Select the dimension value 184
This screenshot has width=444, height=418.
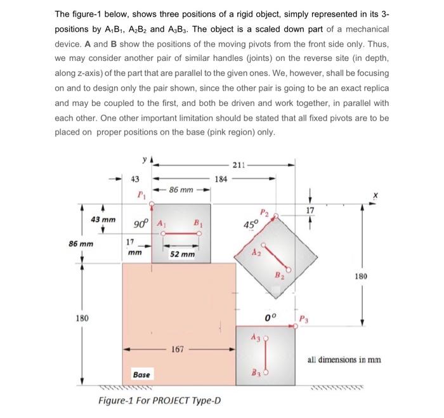220,180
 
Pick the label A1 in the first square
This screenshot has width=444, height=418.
160,223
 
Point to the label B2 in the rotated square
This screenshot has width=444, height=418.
278,275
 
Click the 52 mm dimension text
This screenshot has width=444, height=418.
183,254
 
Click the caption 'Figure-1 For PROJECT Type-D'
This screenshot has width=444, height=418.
159,401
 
